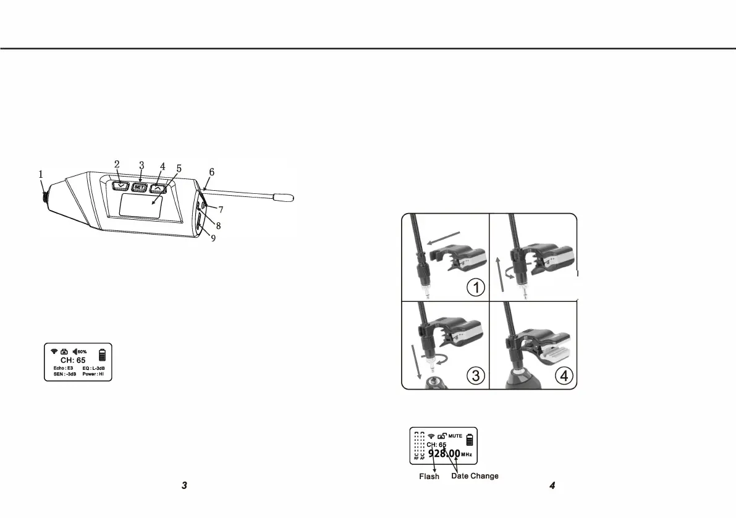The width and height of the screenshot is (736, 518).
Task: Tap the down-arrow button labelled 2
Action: pos(120,184)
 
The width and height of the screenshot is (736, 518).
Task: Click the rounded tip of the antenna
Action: pos(287,198)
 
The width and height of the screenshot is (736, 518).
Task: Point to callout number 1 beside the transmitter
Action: pos(41,175)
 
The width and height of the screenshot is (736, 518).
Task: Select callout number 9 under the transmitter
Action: pos(213,238)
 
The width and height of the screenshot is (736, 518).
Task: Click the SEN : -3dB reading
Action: pos(65,374)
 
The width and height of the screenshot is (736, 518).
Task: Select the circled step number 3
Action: pos(475,376)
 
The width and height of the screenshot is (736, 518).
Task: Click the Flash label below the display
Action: pos(429,476)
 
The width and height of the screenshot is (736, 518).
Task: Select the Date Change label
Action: pos(475,476)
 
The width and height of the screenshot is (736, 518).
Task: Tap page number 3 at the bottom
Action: pos(184,486)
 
